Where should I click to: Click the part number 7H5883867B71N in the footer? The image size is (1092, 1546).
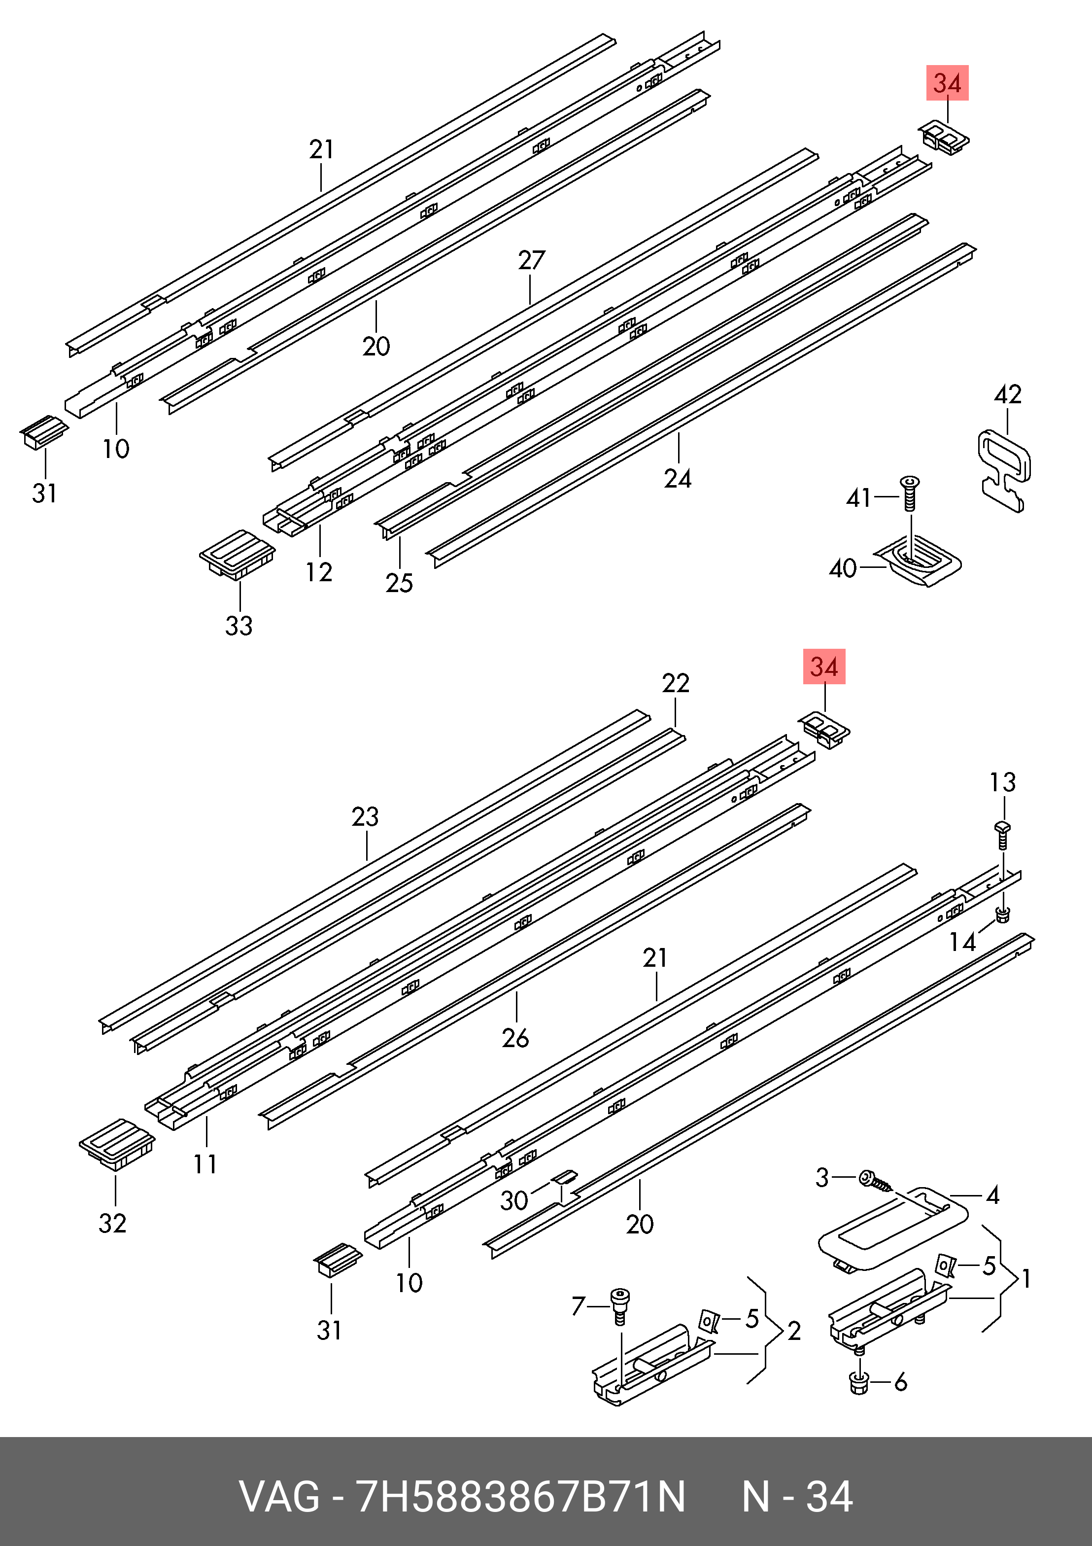520,1498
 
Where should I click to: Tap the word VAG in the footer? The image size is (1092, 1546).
279,1498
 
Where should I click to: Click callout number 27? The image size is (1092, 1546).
531,260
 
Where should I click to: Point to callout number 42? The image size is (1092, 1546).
1008,394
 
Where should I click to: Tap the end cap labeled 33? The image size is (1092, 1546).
238,554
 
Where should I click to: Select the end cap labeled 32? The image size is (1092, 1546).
117,1144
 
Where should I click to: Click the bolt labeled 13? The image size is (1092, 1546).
1002,835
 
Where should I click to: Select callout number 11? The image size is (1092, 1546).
205,1164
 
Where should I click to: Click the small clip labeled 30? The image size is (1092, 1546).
565,1177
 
